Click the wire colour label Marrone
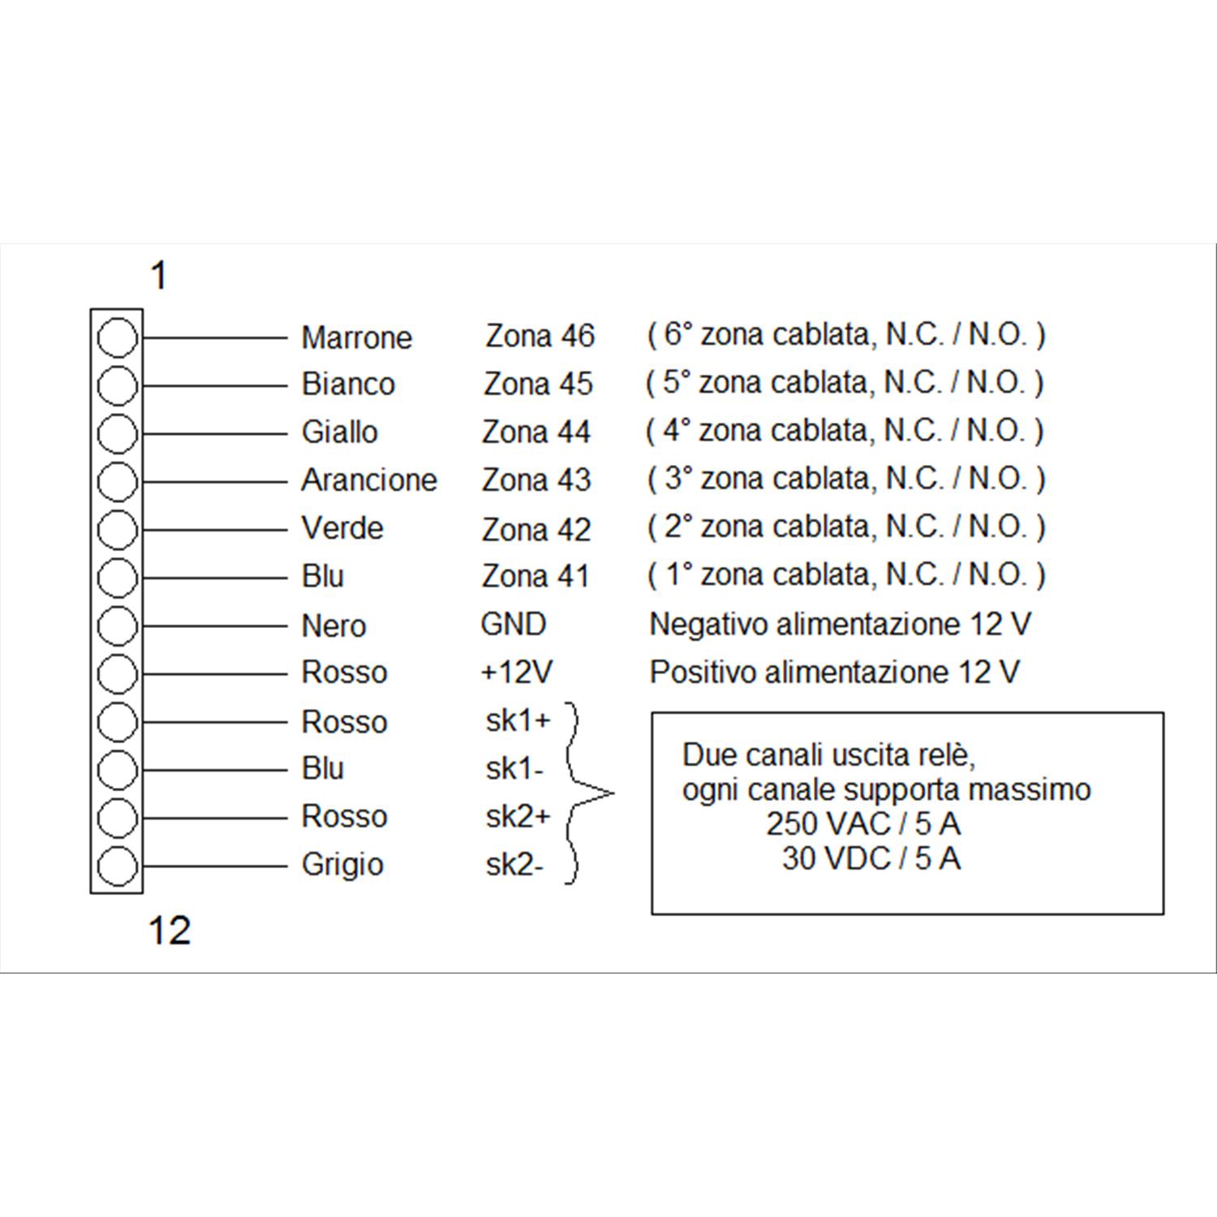tap(357, 338)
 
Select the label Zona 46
tap(540, 336)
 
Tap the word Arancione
tap(369, 480)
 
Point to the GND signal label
tap(514, 624)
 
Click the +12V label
tap(517, 672)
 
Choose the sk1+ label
tap(518, 720)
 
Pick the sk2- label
tap(515, 865)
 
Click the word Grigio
tap(342, 865)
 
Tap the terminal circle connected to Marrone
tap(117, 338)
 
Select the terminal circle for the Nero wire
tap(117, 626)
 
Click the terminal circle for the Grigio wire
tap(117, 866)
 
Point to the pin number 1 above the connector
tap(159, 276)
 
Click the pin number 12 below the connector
tap(170, 930)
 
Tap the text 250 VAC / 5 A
tap(863, 824)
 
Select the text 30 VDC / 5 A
tap(871, 858)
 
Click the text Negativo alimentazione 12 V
tap(841, 624)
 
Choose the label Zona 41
tap(535, 576)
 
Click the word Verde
tap(342, 528)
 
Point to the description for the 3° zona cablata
tap(846, 479)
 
